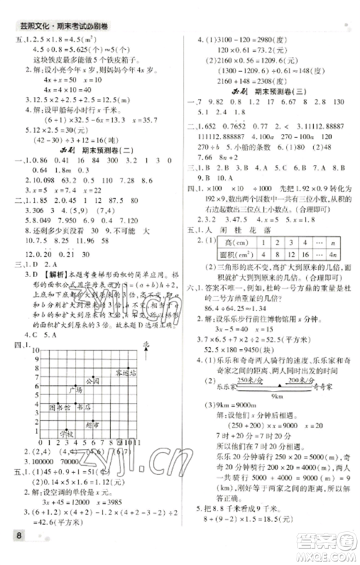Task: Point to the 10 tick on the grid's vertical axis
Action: [x=27, y=349]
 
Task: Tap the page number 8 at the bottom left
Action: [x=14, y=552]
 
